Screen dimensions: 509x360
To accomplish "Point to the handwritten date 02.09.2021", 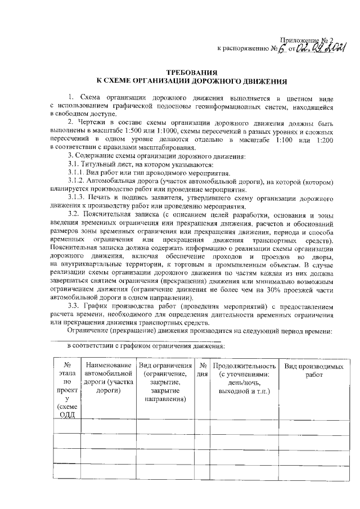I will [321, 48].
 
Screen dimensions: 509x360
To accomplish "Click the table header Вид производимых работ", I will [313, 371].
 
